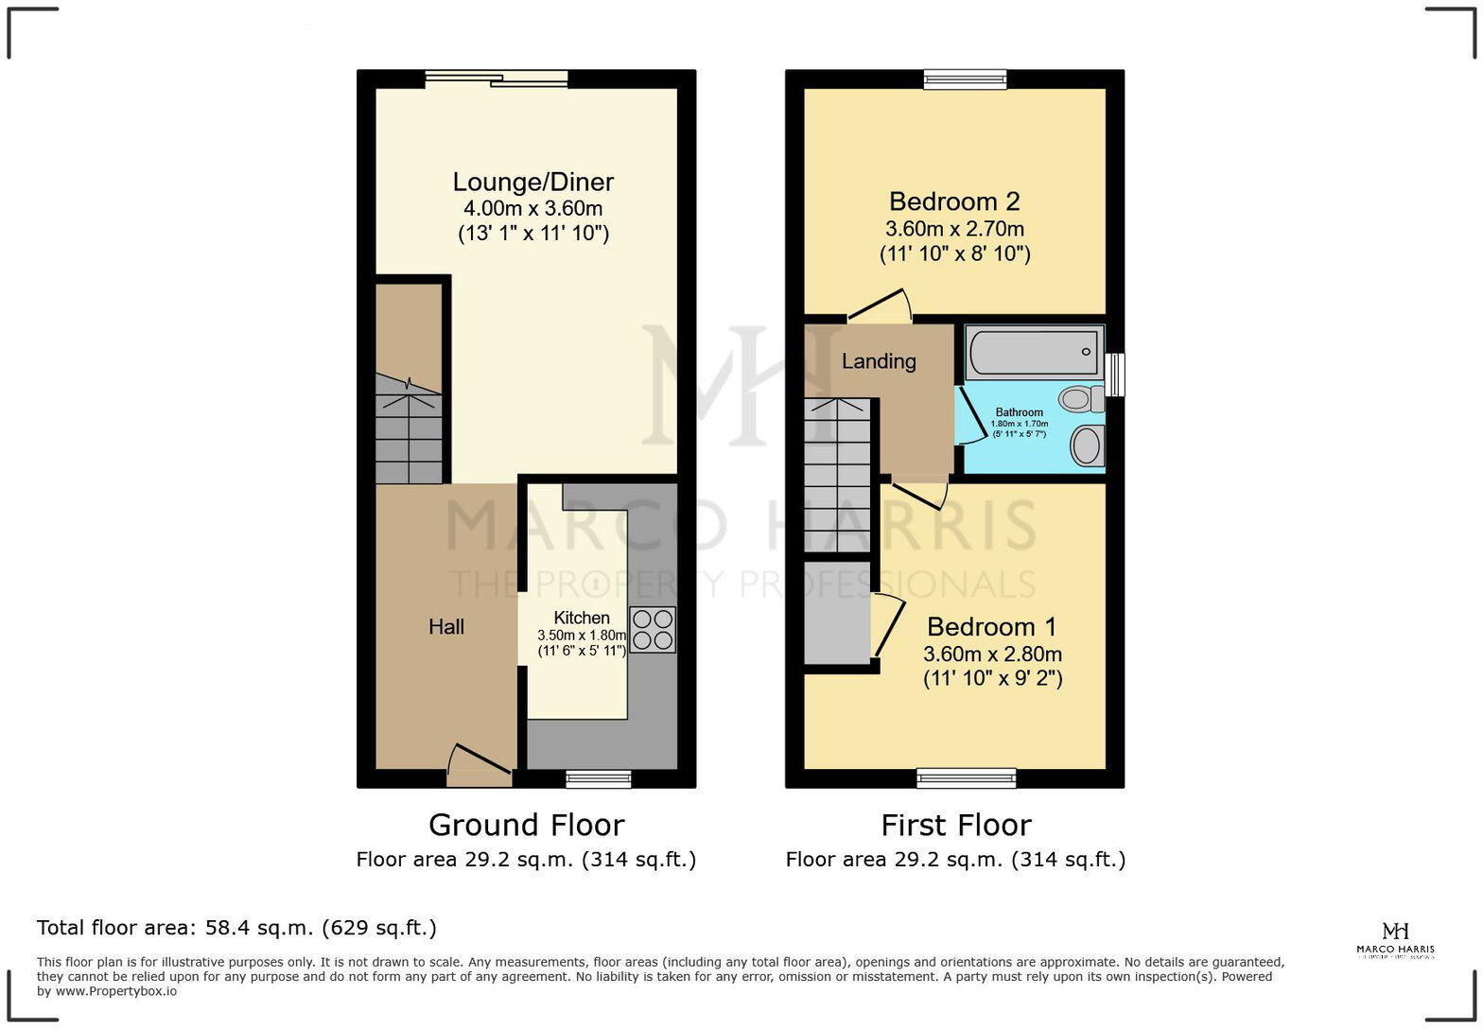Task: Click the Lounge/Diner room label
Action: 532,183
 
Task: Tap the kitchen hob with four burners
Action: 653,630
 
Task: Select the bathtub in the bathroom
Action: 1034,352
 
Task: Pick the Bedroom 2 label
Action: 953,201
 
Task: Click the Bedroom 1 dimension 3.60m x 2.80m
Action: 992,654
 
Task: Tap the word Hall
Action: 445,627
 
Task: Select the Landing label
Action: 879,361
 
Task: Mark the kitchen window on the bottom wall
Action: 598,778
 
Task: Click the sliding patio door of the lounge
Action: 496,79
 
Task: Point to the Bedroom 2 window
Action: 965,79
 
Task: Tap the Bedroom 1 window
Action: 966,778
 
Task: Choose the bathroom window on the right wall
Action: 1115,375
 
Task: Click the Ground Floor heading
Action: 526,825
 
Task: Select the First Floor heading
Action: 955,825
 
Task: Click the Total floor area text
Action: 236,928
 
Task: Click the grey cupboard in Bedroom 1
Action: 837,613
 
